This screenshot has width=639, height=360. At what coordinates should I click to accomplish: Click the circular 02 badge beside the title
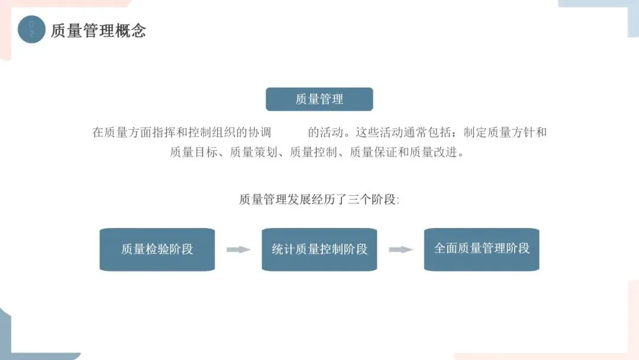(x=31, y=30)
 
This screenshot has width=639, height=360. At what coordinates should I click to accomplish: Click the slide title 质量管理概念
(x=98, y=31)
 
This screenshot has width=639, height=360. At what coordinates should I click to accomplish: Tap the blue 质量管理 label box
(x=319, y=99)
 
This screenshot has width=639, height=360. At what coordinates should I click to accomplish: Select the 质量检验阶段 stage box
(x=157, y=249)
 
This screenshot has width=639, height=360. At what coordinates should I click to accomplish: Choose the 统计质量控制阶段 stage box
(x=319, y=249)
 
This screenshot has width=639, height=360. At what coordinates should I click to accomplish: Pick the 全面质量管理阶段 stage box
(x=482, y=249)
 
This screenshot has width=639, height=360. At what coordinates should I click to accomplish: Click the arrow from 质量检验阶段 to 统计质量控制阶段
(x=238, y=249)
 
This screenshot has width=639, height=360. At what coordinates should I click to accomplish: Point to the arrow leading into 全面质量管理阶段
(x=401, y=249)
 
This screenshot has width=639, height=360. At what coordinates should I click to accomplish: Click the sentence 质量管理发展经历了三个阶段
(x=319, y=200)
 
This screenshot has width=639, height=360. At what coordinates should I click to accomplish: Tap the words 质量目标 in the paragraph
(x=193, y=152)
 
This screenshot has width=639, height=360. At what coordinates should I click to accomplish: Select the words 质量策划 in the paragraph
(x=253, y=152)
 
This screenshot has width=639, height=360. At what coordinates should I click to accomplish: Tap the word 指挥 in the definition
(x=164, y=132)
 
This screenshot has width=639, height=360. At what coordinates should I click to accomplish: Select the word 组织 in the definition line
(x=224, y=132)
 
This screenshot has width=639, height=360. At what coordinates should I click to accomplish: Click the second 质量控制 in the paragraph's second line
(x=313, y=152)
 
